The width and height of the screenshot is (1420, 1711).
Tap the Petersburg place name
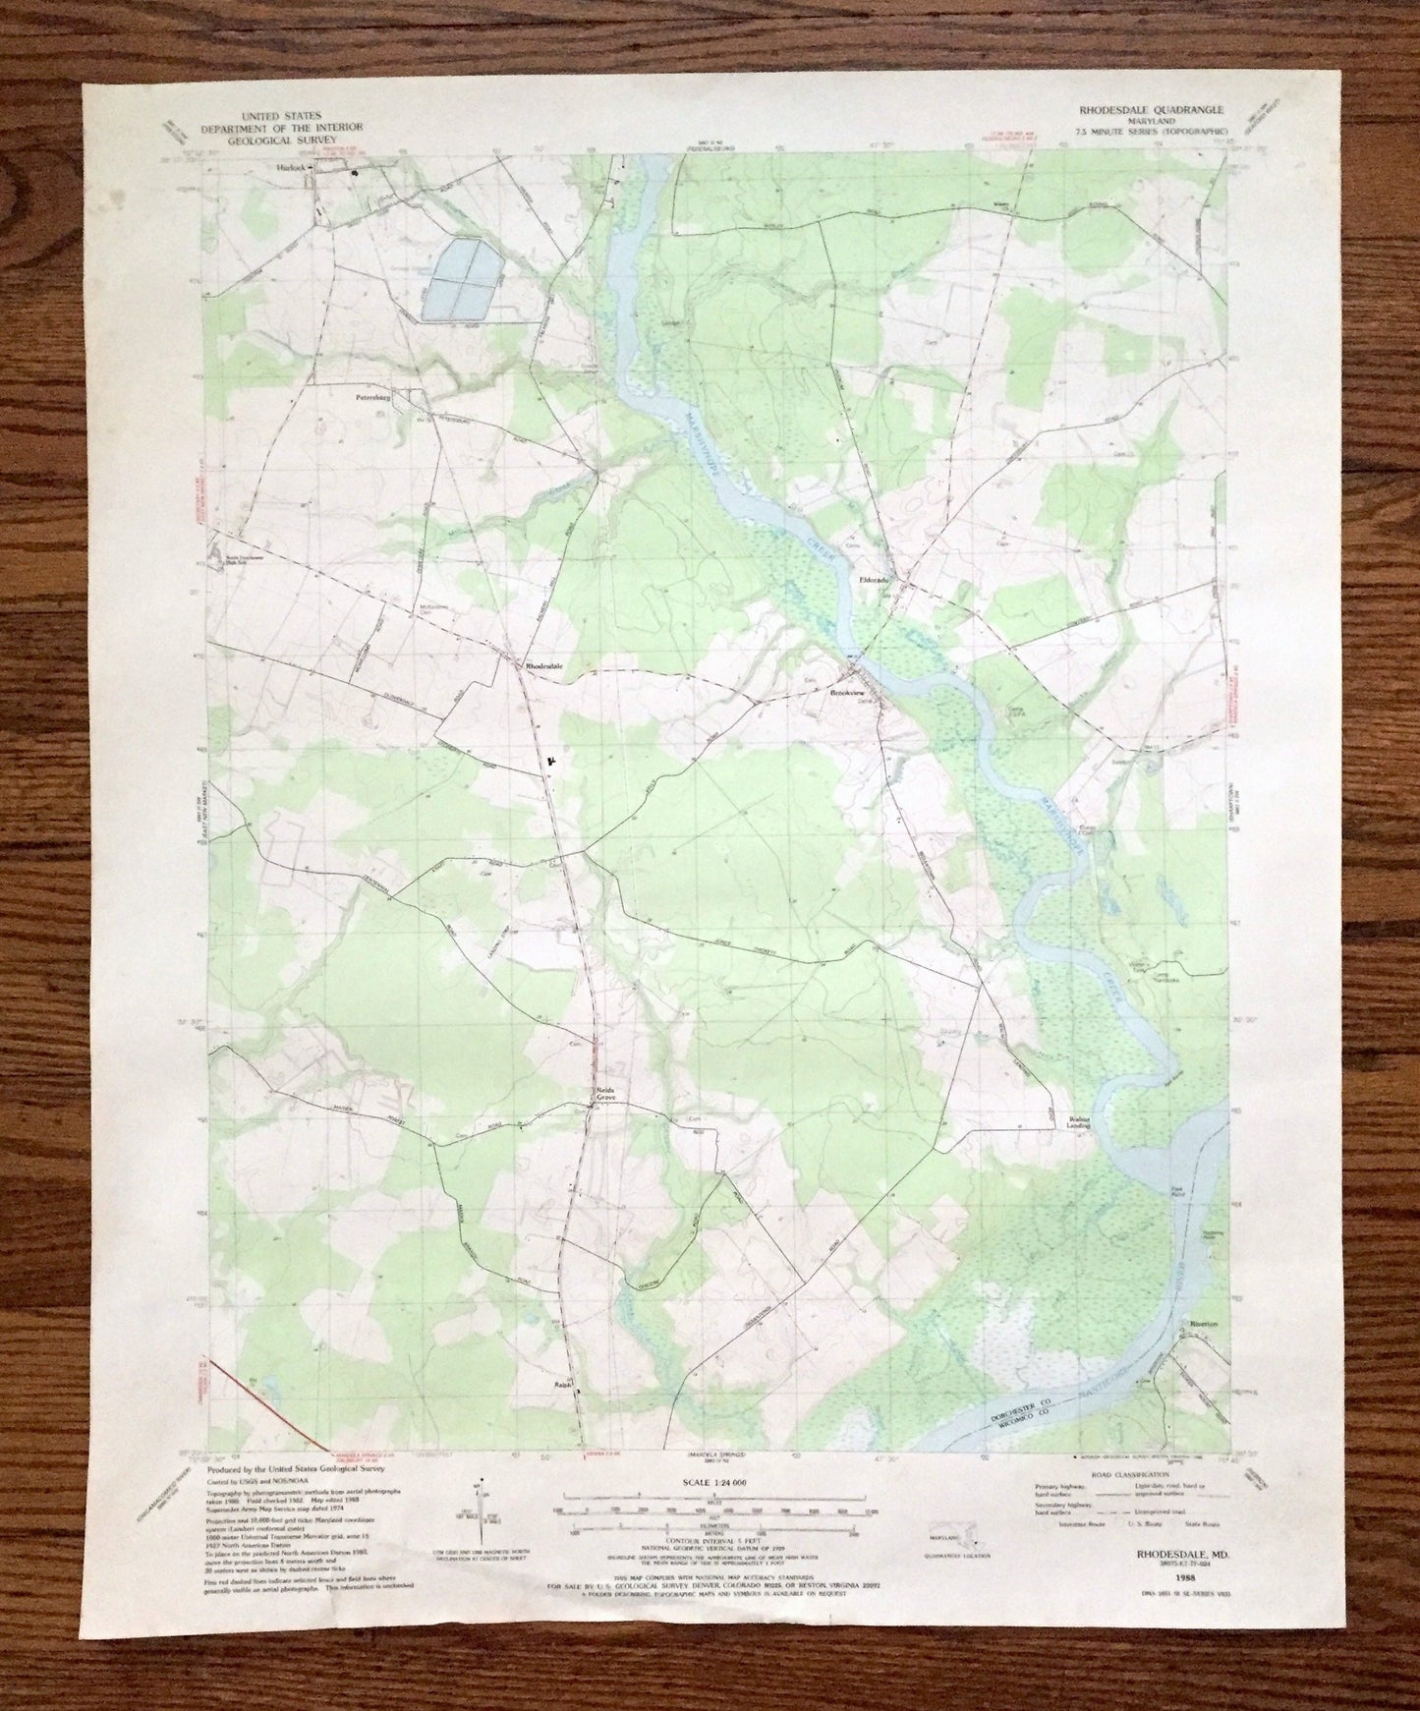[372, 400]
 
